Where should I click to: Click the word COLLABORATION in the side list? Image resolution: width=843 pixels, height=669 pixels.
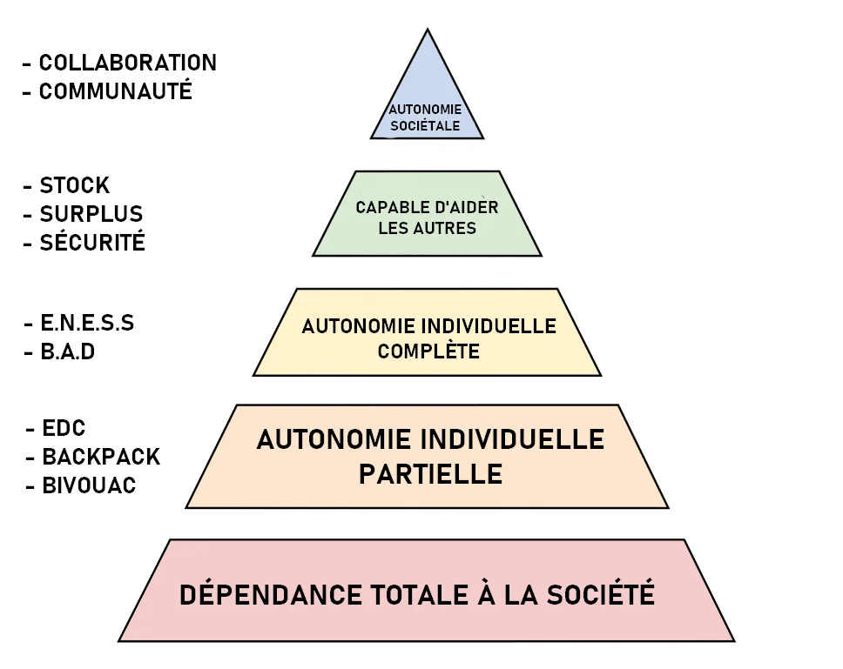point(128,63)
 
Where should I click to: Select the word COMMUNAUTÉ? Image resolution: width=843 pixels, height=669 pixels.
point(116,91)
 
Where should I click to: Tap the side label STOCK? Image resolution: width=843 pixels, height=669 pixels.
point(75,185)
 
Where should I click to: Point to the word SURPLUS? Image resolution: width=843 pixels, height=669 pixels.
point(91,214)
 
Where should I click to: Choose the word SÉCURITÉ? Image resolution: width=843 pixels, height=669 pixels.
point(92,243)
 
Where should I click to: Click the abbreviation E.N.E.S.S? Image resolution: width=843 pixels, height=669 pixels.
point(87,324)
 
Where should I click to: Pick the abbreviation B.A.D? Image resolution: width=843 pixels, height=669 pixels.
point(67,352)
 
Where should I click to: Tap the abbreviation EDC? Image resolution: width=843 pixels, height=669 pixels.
point(64,428)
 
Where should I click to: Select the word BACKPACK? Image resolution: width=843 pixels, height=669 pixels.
point(101,457)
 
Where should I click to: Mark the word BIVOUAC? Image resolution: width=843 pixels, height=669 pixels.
point(90,485)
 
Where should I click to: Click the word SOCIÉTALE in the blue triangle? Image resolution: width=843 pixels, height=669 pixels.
point(426,126)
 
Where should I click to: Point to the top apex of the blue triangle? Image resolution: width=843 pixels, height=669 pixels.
point(427,30)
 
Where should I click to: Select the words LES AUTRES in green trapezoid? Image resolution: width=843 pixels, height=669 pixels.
point(428,229)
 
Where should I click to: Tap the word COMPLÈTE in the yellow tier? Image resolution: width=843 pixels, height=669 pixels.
point(428,352)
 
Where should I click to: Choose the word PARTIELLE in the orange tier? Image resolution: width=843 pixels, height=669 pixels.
point(431,474)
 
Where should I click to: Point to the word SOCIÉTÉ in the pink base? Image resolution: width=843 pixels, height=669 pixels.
point(601,596)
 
